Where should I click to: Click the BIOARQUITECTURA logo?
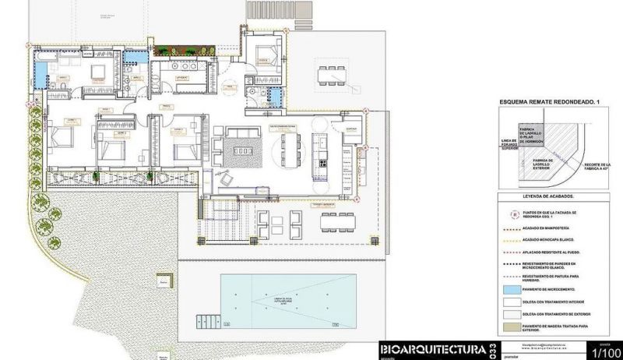click(432, 349)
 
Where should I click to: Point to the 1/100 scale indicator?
click(606, 353)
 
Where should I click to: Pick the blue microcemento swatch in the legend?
click(516, 290)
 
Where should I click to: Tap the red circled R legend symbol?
click(512, 213)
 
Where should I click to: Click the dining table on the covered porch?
click(338, 221)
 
